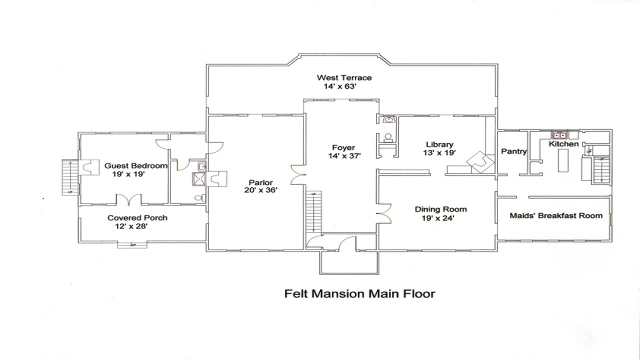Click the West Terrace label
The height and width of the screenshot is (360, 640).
[344, 77]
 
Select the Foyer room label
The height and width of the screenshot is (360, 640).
[343, 147]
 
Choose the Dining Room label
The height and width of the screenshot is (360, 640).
[440, 209]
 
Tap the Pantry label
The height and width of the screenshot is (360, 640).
[513, 151]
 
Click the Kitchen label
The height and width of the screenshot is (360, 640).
[563, 144]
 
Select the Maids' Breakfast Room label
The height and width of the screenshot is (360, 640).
[556, 215]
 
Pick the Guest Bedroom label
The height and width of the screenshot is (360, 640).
[135, 165]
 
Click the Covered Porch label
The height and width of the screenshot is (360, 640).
[137, 217]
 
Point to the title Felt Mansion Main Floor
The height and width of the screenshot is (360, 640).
[359, 293]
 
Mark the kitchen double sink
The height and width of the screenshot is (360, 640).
[558, 134]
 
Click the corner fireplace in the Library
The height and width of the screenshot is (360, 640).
[480, 162]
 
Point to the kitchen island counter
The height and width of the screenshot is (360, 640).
[563, 161]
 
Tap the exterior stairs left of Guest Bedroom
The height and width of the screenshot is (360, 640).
[70, 177]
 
